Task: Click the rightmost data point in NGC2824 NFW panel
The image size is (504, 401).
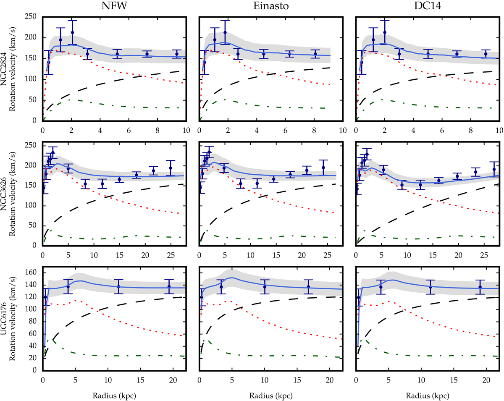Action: (177, 54)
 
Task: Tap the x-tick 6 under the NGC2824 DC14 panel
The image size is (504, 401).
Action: (442, 130)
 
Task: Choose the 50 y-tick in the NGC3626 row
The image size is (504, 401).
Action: (35, 226)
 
